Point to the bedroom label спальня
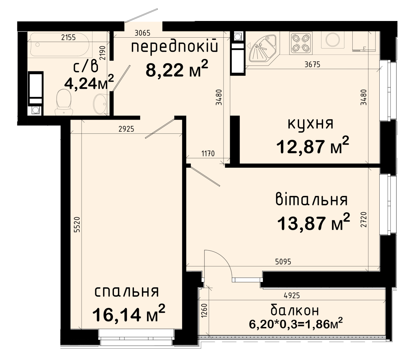[x=127, y=292]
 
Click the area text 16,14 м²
[x=129, y=314]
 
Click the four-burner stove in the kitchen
[x=301, y=43]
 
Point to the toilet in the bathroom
[x=64, y=102]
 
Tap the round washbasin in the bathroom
[x=100, y=104]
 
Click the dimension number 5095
[x=283, y=262]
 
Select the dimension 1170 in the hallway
[x=208, y=154]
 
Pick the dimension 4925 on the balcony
[x=292, y=296]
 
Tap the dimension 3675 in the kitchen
[x=312, y=65]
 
